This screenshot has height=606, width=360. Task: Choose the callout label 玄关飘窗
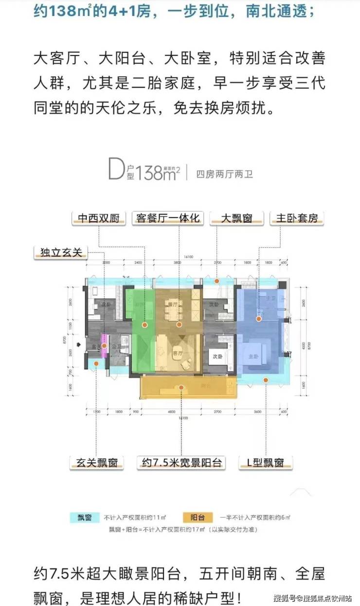(x=96, y=462)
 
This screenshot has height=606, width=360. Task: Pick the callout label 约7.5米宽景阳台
(x=180, y=462)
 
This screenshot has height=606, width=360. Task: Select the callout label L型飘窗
(x=265, y=462)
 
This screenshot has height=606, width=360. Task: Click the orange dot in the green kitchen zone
(x=144, y=324)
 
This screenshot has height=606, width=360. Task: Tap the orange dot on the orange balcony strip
(x=180, y=388)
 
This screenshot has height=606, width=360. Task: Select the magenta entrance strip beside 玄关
(x=103, y=341)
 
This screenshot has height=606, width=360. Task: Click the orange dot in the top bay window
(x=217, y=281)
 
